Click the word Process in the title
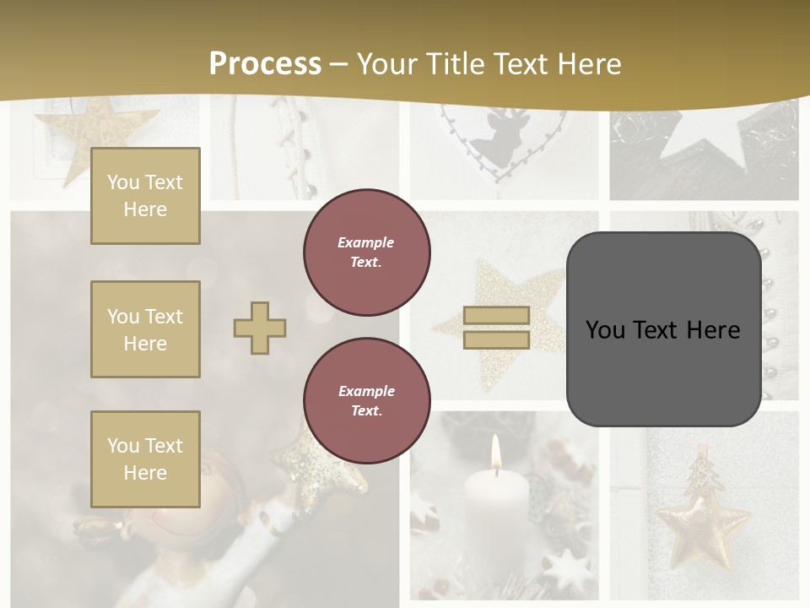click(x=265, y=63)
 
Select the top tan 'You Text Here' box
click(x=145, y=196)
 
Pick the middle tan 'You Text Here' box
click(x=145, y=329)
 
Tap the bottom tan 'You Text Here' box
click(x=145, y=459)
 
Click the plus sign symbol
click(x=260, y=328)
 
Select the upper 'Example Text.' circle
click(x=366, y=252)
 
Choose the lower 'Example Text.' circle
click(x=366, y=401)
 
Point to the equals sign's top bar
click(x=496, y=316)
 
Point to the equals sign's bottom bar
click(x=496, y=339)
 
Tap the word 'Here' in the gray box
click(x=710, y=330)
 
